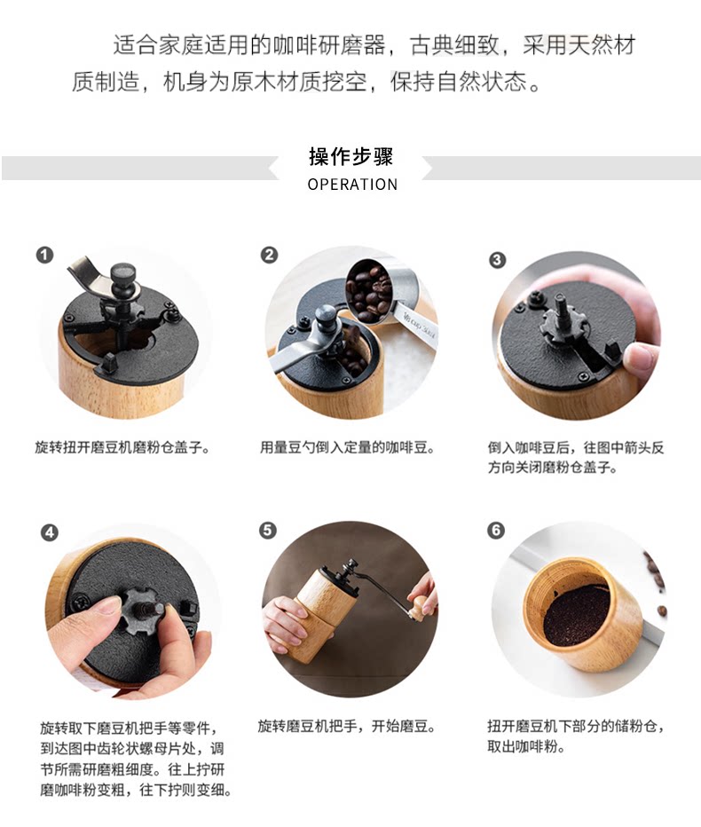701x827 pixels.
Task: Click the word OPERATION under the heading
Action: click(352, 185)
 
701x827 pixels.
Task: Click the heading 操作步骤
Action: click(350, 157)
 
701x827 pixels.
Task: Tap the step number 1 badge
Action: click(45, 256)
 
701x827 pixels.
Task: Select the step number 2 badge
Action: click(269, 256)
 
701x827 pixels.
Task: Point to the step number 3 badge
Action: click(497, 259)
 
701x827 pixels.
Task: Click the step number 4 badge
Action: click(50, 532)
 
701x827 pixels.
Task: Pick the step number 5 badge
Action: click(267, 530)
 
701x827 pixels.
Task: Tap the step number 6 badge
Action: click(496, 530)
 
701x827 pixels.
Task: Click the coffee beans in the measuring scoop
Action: click(369, 293)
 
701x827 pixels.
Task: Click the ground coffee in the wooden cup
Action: click(577, 614)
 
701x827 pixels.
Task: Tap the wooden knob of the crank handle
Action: click(421, 606)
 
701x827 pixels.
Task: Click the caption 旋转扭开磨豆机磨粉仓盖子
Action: click(122, 448)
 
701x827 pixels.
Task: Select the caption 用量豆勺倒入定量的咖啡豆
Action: click(347, 448)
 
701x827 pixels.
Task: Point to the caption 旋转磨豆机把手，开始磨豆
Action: click(347, 726)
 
